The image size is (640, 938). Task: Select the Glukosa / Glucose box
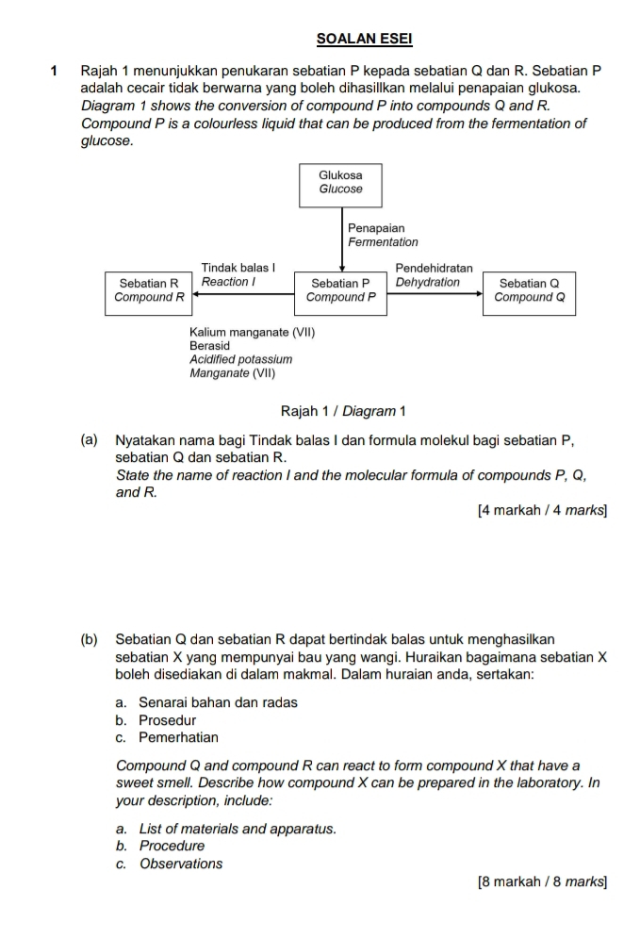tap(340, 182)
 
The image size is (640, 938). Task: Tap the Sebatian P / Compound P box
tap(341, 290)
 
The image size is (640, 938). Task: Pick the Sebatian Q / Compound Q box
tap(529, 290)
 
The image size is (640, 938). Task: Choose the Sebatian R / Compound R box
tap(149, 290)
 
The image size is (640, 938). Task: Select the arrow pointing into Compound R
tap(245, 292)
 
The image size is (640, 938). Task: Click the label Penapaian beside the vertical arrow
tap(375, 228)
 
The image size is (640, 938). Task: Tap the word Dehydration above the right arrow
tap(428, 282)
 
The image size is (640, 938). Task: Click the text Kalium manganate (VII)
tap(251, 333)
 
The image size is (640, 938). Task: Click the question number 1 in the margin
tap(57, 71)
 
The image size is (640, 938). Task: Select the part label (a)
tap(90, 440)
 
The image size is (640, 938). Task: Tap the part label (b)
tap(90, 640)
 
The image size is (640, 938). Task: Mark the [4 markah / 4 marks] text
tap(542, 511)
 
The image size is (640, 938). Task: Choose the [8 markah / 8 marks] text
tap(542, 883)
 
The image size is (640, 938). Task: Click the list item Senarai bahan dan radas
tap(217, 702)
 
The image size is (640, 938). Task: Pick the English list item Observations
tap(181, 864)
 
